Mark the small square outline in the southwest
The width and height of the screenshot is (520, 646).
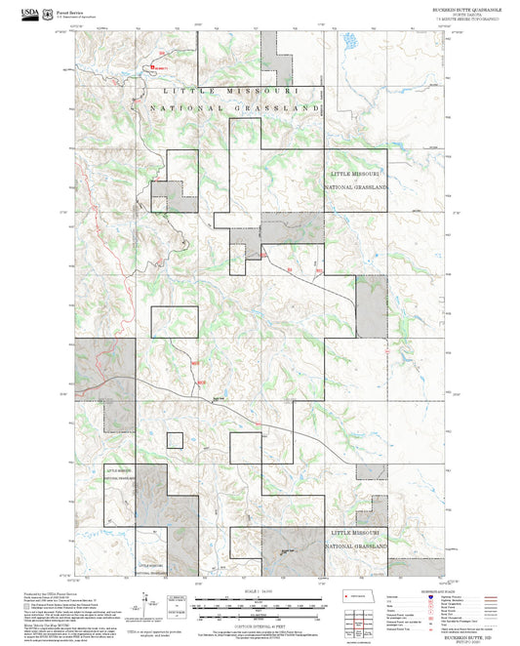(175, 440)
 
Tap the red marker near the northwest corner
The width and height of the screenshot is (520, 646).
(153, 67)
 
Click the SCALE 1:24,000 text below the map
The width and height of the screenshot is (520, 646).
(260, 591)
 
